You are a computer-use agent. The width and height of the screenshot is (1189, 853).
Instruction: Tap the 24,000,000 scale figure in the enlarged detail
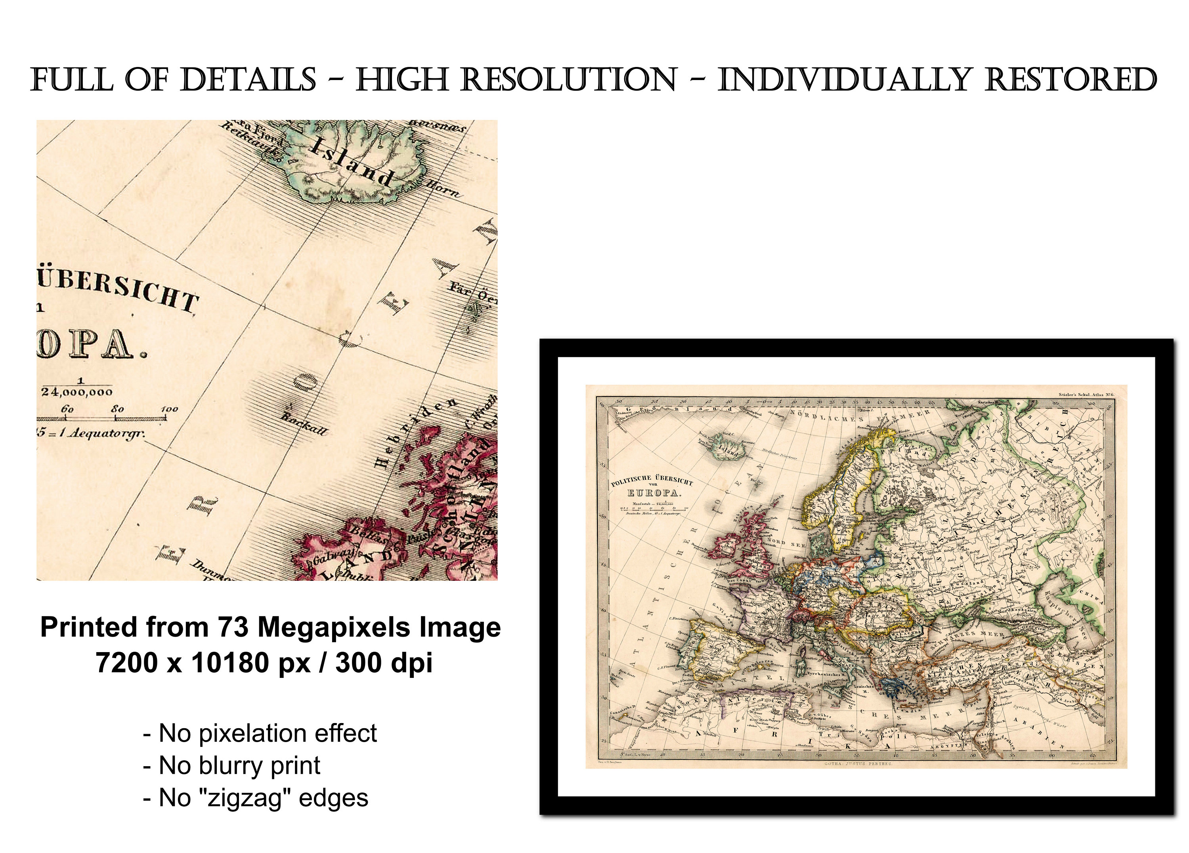(x=77, y=392)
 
